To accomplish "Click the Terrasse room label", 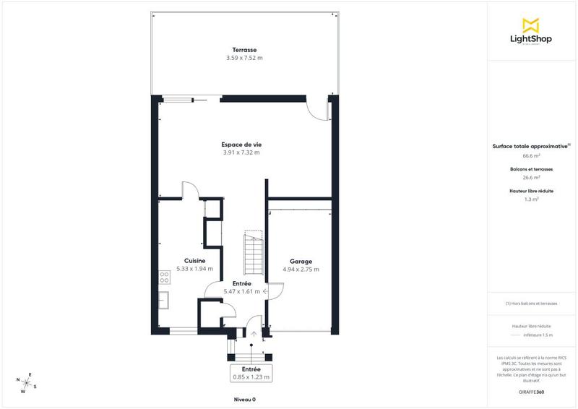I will pos(244,49).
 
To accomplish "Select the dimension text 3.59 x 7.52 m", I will pos(244,57).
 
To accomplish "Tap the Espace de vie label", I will pos(241,145).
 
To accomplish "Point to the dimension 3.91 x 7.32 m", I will pos(241,152).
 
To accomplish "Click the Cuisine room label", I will pos(194,260).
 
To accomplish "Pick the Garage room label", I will pos(301,261).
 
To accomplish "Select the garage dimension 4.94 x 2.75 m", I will pos(301,269).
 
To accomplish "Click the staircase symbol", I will pos(253,253).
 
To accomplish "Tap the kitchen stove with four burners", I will pos(164,275).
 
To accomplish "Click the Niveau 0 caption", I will pos(244,399).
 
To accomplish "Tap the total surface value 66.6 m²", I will pos(532,155).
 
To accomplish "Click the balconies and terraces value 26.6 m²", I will pos(532,177).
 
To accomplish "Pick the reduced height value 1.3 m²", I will pos(532,199).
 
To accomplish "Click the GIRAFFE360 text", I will pos(532,391).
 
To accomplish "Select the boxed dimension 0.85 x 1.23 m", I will pos(251,376).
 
